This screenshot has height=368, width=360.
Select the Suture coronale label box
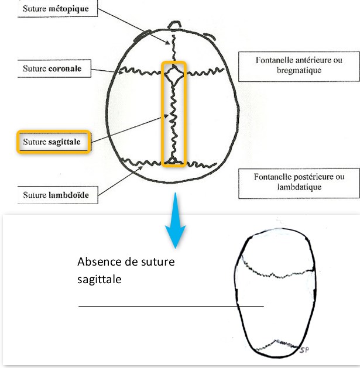click(54, 68)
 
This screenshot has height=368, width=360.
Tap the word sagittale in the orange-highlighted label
click(64, 142)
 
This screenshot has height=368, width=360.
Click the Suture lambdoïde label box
click(58, 195)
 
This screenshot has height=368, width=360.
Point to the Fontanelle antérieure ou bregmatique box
click(299, 67)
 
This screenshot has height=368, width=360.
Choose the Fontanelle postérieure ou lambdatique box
click(299, 183)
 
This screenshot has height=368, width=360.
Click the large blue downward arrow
click(175, 221)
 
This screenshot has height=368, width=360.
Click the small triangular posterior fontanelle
click(173, 160)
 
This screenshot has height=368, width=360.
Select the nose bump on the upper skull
click(174, 25)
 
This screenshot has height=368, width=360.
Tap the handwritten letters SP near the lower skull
click(304, 350)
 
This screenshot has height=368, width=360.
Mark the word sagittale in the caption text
click(100, 280)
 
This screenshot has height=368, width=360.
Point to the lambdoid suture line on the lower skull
click(277, 345)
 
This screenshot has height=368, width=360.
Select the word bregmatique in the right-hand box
click(299, 71)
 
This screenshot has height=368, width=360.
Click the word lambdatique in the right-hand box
click(299, 187)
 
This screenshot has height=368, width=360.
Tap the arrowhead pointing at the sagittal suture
click(166, 116)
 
